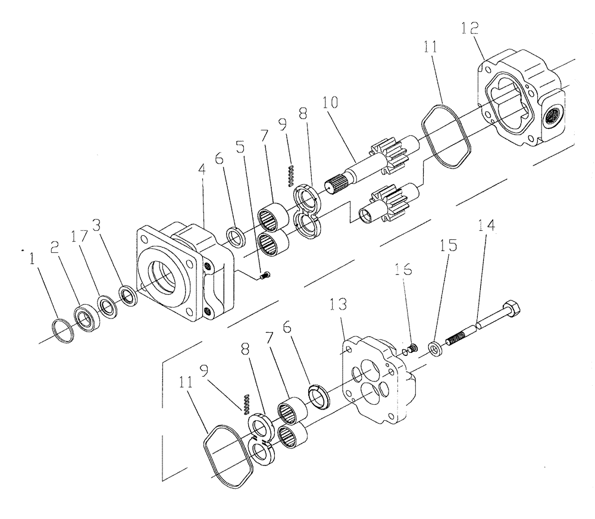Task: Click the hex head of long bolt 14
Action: pyautogui.click(x=512, y=309)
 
